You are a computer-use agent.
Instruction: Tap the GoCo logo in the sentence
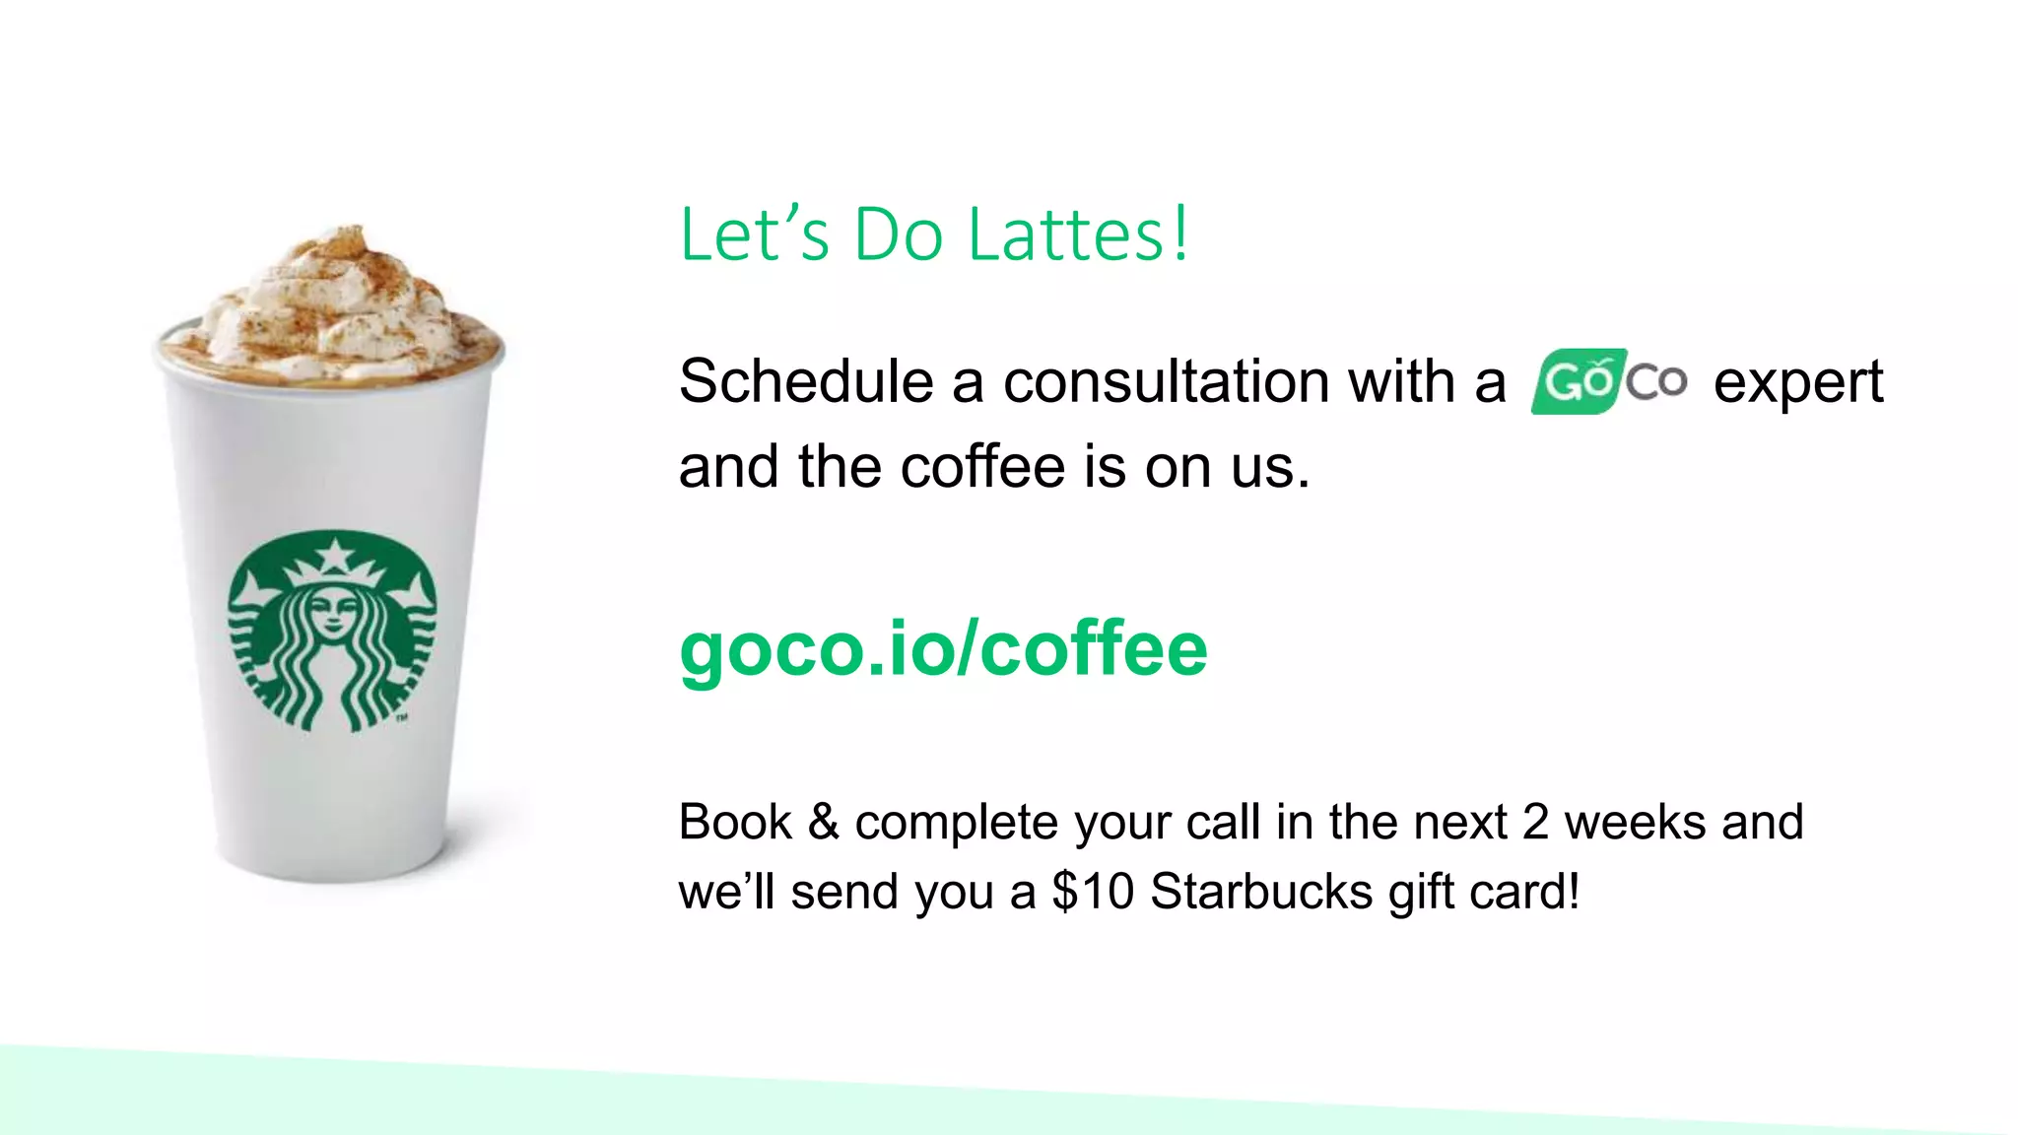1608,381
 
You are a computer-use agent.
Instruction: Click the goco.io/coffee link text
943,649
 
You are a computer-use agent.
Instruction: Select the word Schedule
806,381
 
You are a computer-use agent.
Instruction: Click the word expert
1797,383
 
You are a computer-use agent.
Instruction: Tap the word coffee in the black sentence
982,467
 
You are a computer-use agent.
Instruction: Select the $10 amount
1093,892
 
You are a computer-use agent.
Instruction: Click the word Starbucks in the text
1261,892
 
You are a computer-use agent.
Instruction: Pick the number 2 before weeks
1535,823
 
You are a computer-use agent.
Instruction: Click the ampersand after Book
824,823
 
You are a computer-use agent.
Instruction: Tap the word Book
735,823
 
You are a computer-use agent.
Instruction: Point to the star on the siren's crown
334,556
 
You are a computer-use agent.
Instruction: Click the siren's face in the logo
333,612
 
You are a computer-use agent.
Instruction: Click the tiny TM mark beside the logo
402,718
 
